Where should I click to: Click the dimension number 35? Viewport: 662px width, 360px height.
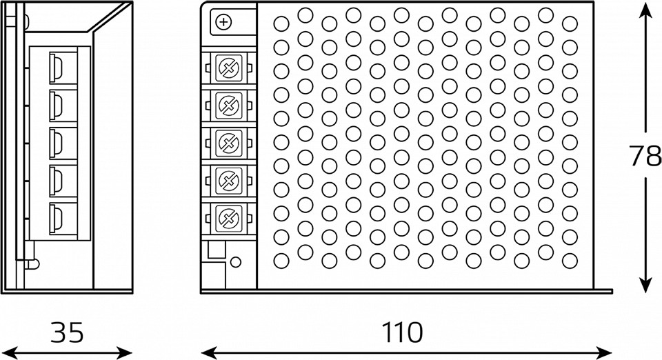pyautogui.click(x=67, y=332)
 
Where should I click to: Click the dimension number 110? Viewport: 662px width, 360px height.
pyautogui.click(x=403, y=332)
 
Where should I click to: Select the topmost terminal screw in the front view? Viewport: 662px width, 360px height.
pyautogui.click(x=227, y=67)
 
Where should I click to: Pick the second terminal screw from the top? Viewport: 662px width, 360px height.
pyautogui.click(x=227, y=105)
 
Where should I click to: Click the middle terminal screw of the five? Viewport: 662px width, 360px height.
pyautogui.click(x=227, y=143)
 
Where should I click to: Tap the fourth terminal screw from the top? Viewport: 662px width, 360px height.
pyautogui.click(x=227, y=181)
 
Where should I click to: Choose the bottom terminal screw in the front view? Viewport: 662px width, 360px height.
pyautogui.click(x=227, y=219)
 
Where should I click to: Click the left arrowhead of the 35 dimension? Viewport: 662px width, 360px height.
pyautogui.click(x=8, y=352)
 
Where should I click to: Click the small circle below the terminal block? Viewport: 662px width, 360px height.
pyautogui.click(x=236, y=262)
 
